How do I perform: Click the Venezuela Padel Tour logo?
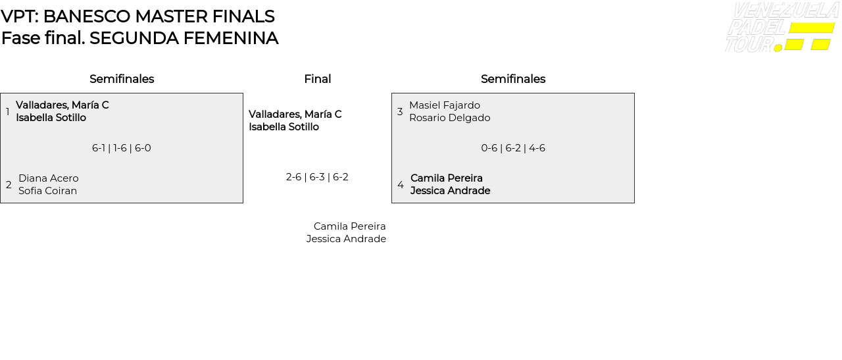783,27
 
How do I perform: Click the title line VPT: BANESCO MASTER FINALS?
137,16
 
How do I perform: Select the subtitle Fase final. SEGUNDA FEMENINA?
140,38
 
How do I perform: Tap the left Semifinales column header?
122,79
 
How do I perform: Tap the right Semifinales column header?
513,79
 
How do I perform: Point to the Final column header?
318,79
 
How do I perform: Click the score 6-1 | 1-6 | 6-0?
122,148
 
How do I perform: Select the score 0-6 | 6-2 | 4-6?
513,148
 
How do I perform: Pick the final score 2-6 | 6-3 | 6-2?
317,177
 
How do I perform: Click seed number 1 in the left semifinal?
7,111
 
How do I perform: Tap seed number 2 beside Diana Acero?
9,185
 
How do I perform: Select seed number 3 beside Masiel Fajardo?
400,111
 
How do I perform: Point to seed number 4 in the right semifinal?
401,185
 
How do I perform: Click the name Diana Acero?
49,178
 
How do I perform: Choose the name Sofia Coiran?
48,191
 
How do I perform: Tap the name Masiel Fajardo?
445,105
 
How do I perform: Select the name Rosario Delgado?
449,118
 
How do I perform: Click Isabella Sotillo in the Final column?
284,127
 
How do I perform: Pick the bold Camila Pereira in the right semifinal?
447,178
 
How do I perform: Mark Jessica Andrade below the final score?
346,239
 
